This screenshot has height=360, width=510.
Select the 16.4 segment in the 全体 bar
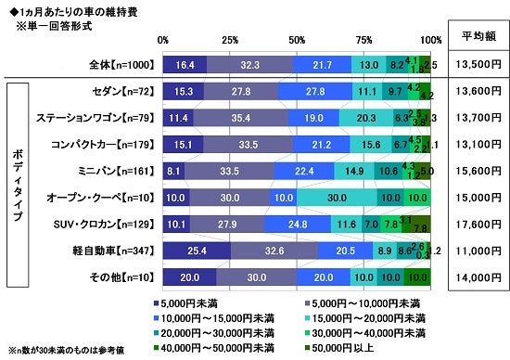coord(185,64)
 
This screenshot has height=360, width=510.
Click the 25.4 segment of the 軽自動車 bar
coord(197,250)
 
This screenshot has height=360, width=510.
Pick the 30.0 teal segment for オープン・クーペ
coord(337,197)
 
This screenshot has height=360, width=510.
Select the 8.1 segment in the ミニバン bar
coord(173,171)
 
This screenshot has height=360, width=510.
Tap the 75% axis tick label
coord(364,41)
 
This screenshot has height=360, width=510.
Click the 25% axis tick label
coord(230,41)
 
